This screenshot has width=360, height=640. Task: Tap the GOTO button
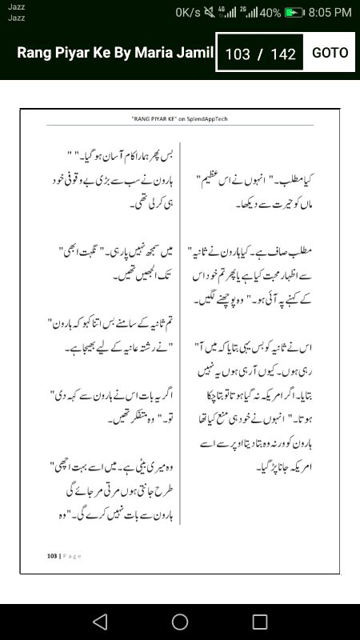[x=330, y=53]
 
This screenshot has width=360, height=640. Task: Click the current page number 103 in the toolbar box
[x=238, y=54]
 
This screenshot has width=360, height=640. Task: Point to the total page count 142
[x=283, y=54]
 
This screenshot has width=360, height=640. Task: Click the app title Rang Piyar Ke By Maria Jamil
[x=116, y=53]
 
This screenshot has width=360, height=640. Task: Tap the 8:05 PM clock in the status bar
[x=330, y=13]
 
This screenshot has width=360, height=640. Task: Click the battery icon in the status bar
[x=295, y=13]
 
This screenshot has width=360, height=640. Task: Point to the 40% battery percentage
[x=270, y=13]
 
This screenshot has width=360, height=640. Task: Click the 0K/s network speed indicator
[x=189, y=13]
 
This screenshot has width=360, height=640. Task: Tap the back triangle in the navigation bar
[x=99, y=622]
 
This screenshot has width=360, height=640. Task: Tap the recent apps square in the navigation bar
[x=260, y=622]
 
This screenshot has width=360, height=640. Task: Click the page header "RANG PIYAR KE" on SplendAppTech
[x=179, y=118]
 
